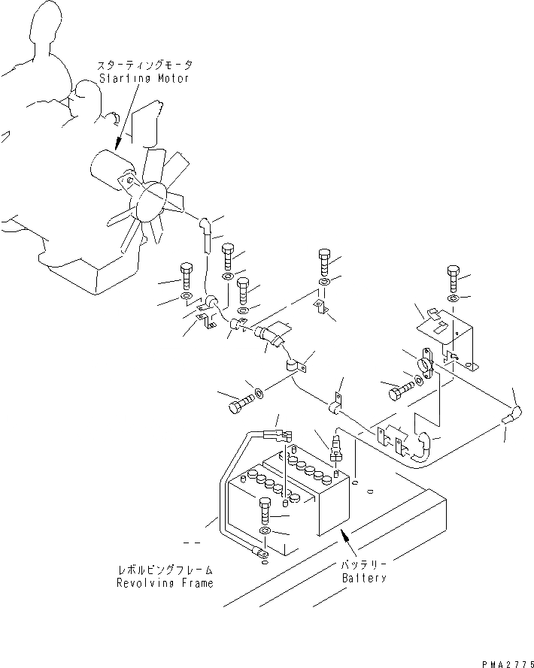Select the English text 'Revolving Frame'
click(x=164, y=582)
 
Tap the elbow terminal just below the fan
click(x=204, y=225)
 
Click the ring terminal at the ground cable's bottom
click(x=259, y=555)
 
